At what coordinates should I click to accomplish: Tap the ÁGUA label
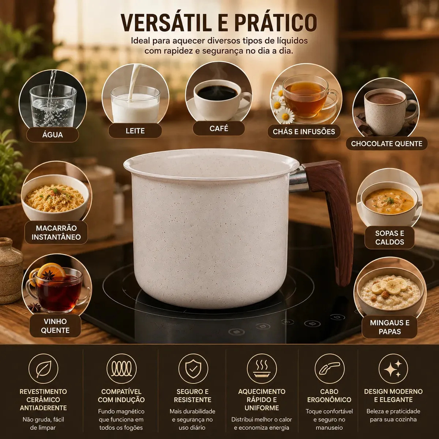[52, 135]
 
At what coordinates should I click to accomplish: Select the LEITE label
[135, 131]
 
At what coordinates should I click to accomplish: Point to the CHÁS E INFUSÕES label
[304, 132]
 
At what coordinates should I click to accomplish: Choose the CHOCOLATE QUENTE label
[387, 144]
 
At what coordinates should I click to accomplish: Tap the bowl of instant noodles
[55, 198]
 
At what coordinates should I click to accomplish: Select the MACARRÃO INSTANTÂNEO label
[56, 232]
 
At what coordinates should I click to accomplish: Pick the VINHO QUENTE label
[55, 326]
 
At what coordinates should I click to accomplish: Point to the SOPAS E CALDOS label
[390, 238]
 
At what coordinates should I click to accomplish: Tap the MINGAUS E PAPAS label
[390, 327]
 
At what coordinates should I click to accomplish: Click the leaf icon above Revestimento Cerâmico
[43, 369]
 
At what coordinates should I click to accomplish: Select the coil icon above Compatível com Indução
[121, 369]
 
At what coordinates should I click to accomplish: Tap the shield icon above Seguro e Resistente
[193, 369]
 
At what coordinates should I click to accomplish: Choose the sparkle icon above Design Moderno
[393, 369]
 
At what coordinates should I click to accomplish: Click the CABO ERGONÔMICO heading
[329, 395]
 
